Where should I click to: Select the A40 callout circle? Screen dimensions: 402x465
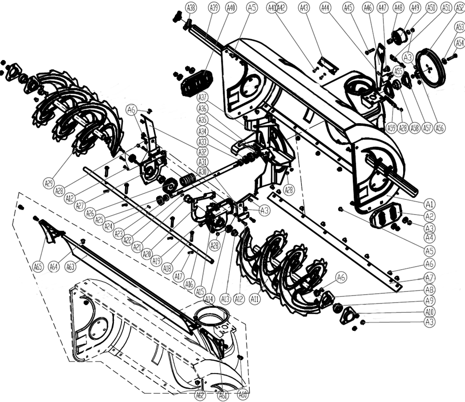pyautogui.click(x=231, y=7)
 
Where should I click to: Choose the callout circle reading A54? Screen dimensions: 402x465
pyautogui.click(x=459, y=43)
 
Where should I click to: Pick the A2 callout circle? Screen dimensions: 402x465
pyautogui.click(x=430, y=216)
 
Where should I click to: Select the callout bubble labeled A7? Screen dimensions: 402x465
pyautogui.click(x=430, y=277)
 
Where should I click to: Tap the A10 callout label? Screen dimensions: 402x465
pyautogui.click(x=430, y=312)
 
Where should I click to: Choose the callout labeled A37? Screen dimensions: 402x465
pyautogui.click(x=202, y=98)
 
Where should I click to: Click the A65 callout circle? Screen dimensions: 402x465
pyautogui.click(x=38, y=267)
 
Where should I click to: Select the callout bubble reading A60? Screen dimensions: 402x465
pyautogui.click(x=242, y=395)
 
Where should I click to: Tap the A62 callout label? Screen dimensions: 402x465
pyautogui.click(x=200, y=395)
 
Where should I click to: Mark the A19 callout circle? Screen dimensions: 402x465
pyautogui.click(x=157, y=261)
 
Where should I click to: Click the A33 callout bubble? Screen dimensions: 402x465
pyautogui.click(x=202, y=142)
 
